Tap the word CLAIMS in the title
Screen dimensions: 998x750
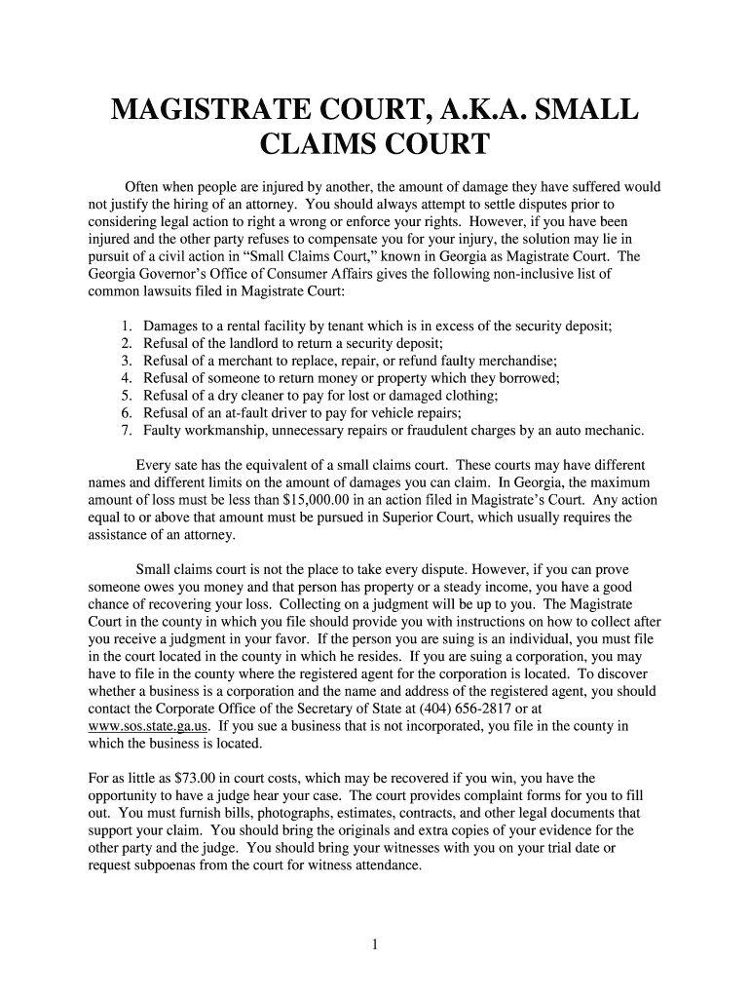pos(325,146)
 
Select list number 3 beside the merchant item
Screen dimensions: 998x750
pos(127,361)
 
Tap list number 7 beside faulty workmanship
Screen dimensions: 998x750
pos(127,431)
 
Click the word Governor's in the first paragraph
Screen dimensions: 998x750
pos(173,274)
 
